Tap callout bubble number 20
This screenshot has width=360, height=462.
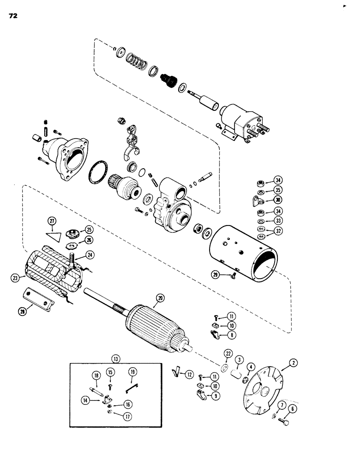coord(160,299)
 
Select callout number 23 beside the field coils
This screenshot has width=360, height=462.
coord(17,278)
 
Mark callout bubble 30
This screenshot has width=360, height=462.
coord(278,200)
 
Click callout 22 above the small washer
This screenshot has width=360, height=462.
coord(227,353)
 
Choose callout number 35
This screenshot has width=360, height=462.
coord(278,190)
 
